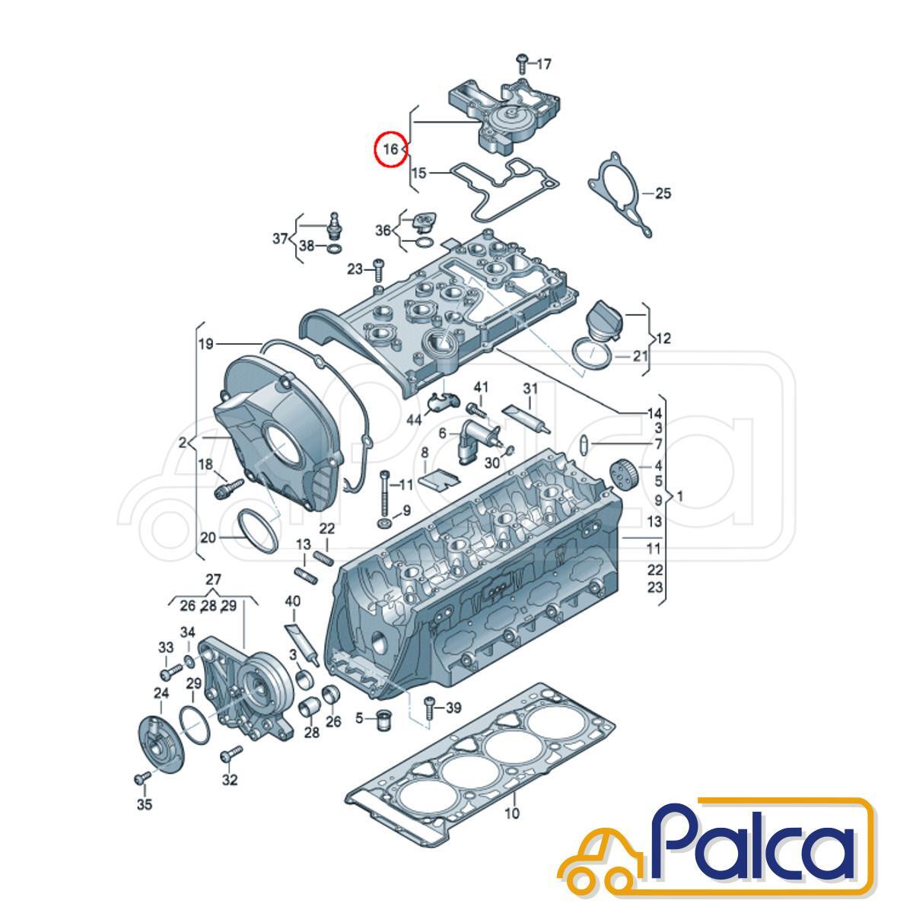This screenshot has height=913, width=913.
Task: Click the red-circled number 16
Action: tap(390, 149)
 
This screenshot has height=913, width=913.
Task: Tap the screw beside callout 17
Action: tap(522, 63)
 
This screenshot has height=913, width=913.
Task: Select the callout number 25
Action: tap(663, 193)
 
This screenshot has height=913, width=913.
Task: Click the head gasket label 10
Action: tap(512, 813)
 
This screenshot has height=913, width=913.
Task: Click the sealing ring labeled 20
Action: tap(257, 530)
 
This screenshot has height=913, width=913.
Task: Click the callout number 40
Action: tap(293, 602)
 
